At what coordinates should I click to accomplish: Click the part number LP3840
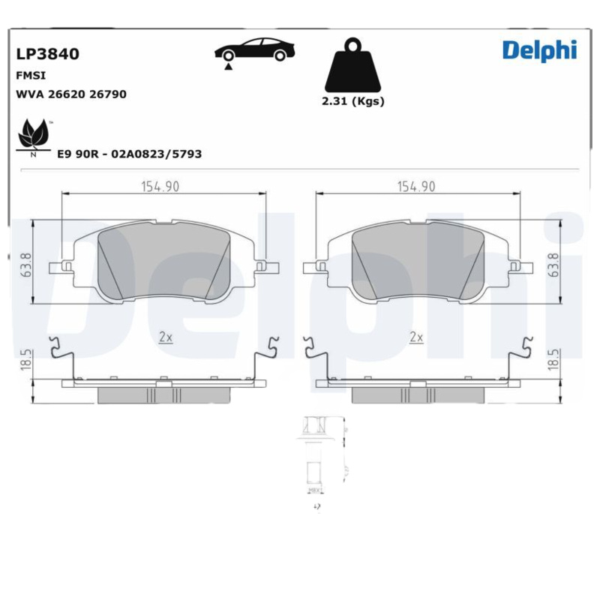(x=47, y=54)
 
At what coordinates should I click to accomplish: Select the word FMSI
(x=30, y=76)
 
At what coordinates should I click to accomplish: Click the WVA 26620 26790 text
(x=70, y=94)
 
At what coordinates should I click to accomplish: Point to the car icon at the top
(x=254, y=50)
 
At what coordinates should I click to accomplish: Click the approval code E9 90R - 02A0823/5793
(x=130, y=154)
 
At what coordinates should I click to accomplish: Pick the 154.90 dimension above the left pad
(x=160, y=187)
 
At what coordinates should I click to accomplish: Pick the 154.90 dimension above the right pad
(x=416, y=187)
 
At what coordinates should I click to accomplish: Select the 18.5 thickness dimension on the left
(x=26, y=358)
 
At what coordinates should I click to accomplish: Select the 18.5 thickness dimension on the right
(x=554, y=358)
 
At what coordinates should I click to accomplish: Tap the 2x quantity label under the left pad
(x=166, y=337)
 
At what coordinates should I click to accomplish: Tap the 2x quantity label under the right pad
(x=416, y=337)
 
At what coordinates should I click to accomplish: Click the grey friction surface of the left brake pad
(x=164, y=259)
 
